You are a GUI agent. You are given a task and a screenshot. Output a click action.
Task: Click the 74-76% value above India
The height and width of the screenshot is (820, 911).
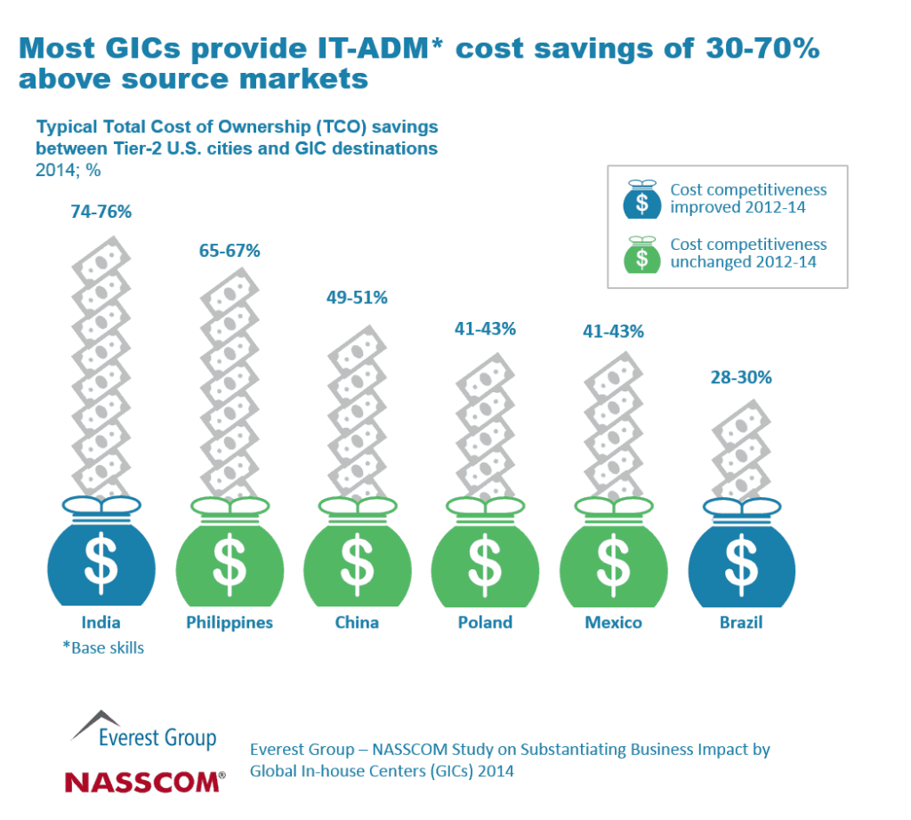click(x=101, y=213)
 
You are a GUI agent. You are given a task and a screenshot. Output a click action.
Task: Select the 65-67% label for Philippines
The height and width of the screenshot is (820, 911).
click(x=230, y=251)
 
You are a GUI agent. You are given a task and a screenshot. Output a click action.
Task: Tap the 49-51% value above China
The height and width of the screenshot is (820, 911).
click(x=357, y=298)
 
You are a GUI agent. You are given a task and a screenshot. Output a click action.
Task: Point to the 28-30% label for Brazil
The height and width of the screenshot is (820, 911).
click(x=741, y=377)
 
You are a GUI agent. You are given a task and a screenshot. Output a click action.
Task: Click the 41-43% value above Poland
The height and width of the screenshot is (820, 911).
click(x=485, y=329)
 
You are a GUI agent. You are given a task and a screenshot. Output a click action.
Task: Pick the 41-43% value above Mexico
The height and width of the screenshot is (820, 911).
click(x=613, y=331)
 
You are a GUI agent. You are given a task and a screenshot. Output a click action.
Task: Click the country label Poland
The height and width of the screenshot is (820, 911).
click(x=485, y=623)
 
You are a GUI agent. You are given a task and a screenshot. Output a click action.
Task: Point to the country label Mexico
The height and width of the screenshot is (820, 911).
click(x=613, y=623)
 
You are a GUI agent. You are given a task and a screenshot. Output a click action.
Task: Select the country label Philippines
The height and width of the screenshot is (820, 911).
click(x=230, y=623)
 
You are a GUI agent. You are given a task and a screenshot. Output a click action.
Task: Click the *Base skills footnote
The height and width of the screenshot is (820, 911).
click(x=103, y=648)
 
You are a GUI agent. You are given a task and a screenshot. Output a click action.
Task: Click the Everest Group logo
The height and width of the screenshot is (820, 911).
click(x=144, y=730)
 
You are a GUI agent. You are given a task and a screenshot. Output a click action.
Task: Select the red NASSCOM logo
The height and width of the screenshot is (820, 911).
click(x=144, y=782)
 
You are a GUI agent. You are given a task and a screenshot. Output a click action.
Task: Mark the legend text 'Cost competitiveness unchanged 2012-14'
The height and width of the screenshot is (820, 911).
click(x=748, y=253)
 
